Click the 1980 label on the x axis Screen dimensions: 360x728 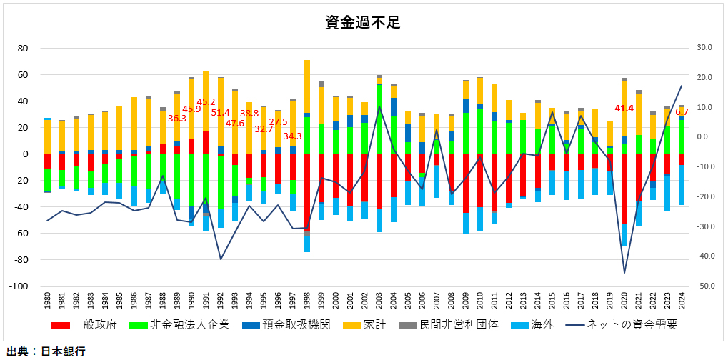(x=48, y=301)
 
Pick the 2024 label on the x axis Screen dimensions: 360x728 (x=682, y=301)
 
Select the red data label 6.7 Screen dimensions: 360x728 (x=682, y=112)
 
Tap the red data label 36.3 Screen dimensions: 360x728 (x=177, y=118)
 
